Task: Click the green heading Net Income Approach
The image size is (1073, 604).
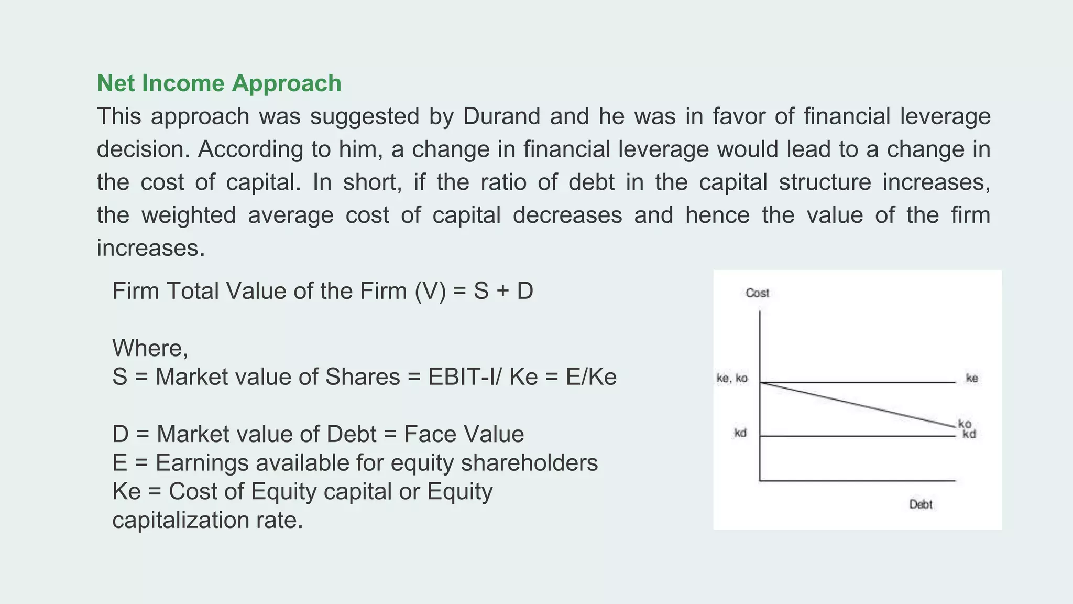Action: click(219, 83)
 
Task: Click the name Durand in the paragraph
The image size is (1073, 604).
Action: click(501, 116)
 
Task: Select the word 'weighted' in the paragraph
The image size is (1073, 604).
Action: click(189, 215)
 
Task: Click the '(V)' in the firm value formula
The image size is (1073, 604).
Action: click(430, 291)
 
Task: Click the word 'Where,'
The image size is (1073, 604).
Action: click(150, 348)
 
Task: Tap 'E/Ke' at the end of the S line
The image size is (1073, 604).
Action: click(591, 377)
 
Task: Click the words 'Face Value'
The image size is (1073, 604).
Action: click(464, 434)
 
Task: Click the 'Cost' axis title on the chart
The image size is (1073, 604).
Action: click(757, 293)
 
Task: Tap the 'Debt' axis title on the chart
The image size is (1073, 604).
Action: click(921, 504)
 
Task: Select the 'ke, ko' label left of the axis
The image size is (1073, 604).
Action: click(732, 378)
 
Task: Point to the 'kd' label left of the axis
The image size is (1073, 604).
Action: click(740, 433)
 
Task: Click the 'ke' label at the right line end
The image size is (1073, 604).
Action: click(972, 378)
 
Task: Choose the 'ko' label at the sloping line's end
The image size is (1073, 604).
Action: click(965, 424)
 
